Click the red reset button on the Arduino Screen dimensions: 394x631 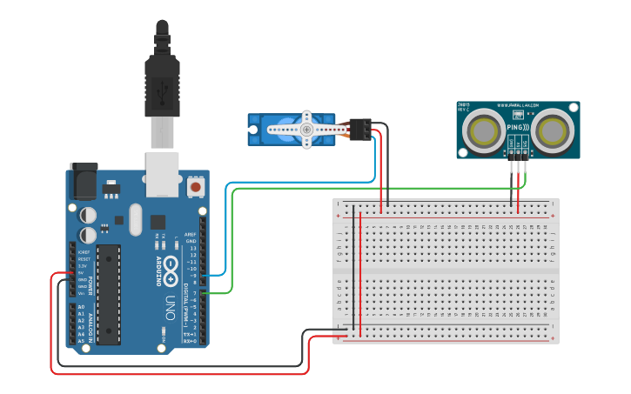(195, 187)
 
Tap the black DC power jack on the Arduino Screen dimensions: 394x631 (84, 182)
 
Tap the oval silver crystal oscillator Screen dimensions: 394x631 (134, 220)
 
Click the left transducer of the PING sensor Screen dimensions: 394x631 (482, 130)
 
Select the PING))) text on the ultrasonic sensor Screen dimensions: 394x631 (518, 127)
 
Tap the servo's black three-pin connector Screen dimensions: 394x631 (360, 129)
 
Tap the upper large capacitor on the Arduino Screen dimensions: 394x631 (89, 214)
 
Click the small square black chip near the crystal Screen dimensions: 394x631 (158, 222)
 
